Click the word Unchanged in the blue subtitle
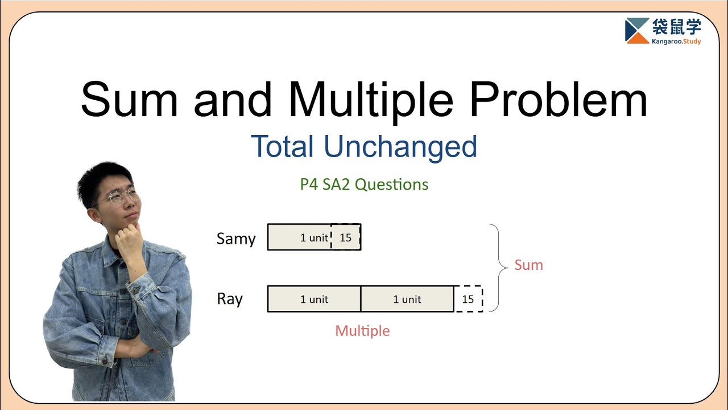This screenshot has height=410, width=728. [x=400, y=146]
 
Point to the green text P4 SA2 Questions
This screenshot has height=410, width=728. [x=364, y=184]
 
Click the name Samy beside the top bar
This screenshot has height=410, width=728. [x=236, y=239]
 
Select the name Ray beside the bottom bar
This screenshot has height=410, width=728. [x=230, y=299]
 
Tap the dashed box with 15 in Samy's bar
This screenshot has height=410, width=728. [x=346, y=237]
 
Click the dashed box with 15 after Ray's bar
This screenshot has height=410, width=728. [x=468, y=299]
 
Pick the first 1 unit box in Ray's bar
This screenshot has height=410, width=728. [x=314, y=299]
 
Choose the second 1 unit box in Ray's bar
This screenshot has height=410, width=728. [x=407, y=299]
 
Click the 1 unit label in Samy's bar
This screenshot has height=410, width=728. [x=314, y=237]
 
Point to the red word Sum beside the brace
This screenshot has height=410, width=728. [x=528, y=265]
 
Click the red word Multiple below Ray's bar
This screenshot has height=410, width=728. [x=362, y=331]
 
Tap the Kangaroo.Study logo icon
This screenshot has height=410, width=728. [x=636, y=30]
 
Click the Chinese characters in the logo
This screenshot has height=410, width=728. [x=676, y=26]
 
